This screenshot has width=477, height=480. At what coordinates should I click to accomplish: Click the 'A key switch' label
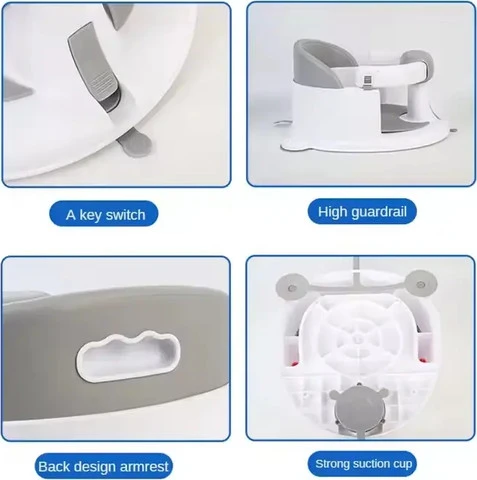pos(104,214)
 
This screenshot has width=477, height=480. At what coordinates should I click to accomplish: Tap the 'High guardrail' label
pos(362,212)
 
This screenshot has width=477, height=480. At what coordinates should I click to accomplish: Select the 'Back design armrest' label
pos(103,466)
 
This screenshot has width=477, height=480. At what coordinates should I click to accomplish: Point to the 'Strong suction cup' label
pos(363,464)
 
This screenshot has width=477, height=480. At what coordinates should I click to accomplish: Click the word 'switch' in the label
pos(126,215)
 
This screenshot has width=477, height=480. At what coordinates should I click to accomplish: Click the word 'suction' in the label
pos(364,464)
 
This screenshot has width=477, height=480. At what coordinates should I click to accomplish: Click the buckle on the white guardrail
pos(367,83)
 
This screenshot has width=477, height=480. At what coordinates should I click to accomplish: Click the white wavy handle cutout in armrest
pos(128,356)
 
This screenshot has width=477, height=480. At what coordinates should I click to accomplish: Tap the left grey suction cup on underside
pos(291,286)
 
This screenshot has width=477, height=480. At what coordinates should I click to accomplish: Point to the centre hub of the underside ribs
pos(358,340)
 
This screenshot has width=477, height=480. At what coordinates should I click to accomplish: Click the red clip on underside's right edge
pos(424,360)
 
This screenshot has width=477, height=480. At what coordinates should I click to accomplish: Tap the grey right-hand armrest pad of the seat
pos(416,60)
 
